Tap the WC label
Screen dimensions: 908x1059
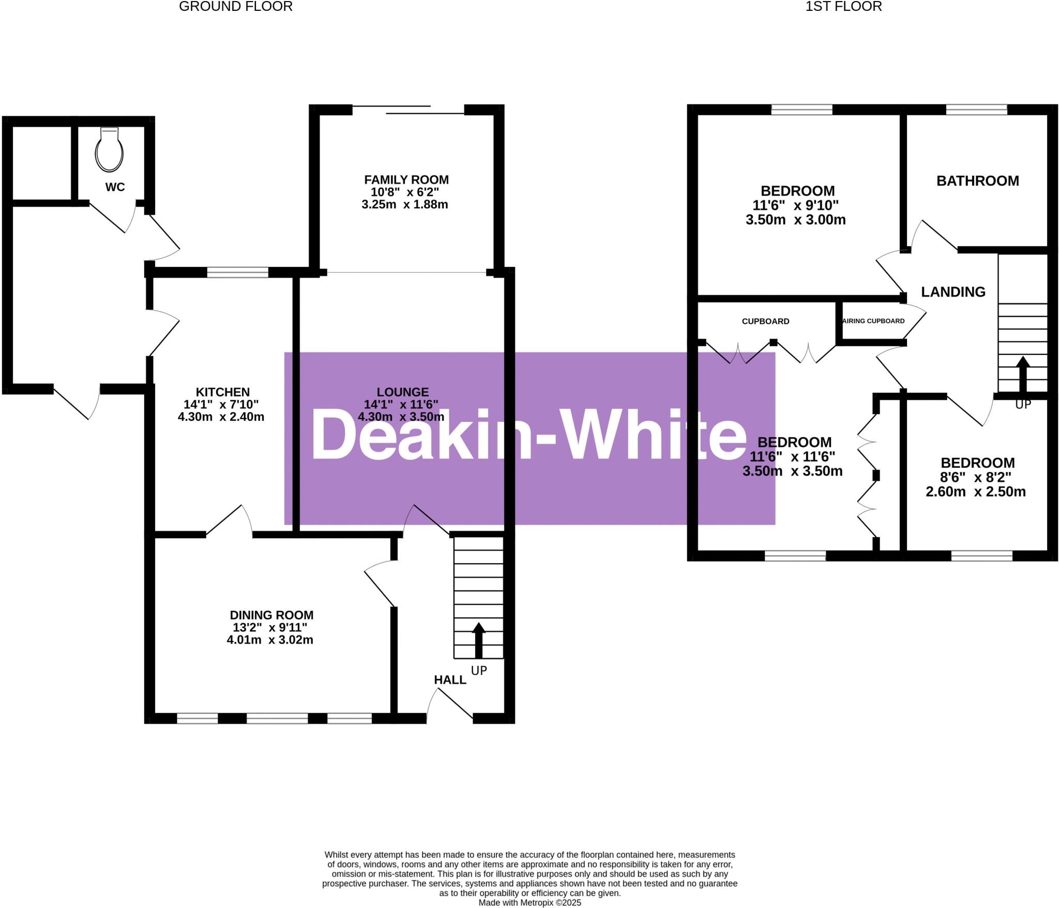tap(115, 187)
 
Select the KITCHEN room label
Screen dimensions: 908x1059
tap(222, 392)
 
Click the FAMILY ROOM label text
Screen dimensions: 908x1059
tap(406, 180)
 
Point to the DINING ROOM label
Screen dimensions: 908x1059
tap(271, 615)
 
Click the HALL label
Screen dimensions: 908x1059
tap(450, 680)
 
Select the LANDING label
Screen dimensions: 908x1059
tap(953, 292)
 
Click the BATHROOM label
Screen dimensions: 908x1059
tap(977, 181)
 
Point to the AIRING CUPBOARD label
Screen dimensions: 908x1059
tap(874, 321)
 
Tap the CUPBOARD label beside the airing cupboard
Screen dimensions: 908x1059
tap(765, 322)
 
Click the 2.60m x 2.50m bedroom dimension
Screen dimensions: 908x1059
tap(975, 492)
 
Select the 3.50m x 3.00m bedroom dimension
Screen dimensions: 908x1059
tap(795, 220)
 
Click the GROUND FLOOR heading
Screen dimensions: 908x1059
tap(236, 7)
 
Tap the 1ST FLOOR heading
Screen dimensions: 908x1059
tap(843, 7)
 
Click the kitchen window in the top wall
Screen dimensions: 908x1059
tap(238, 272)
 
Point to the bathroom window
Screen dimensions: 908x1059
tap(976, 109)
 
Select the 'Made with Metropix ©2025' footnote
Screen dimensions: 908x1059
tap(529, 903)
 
